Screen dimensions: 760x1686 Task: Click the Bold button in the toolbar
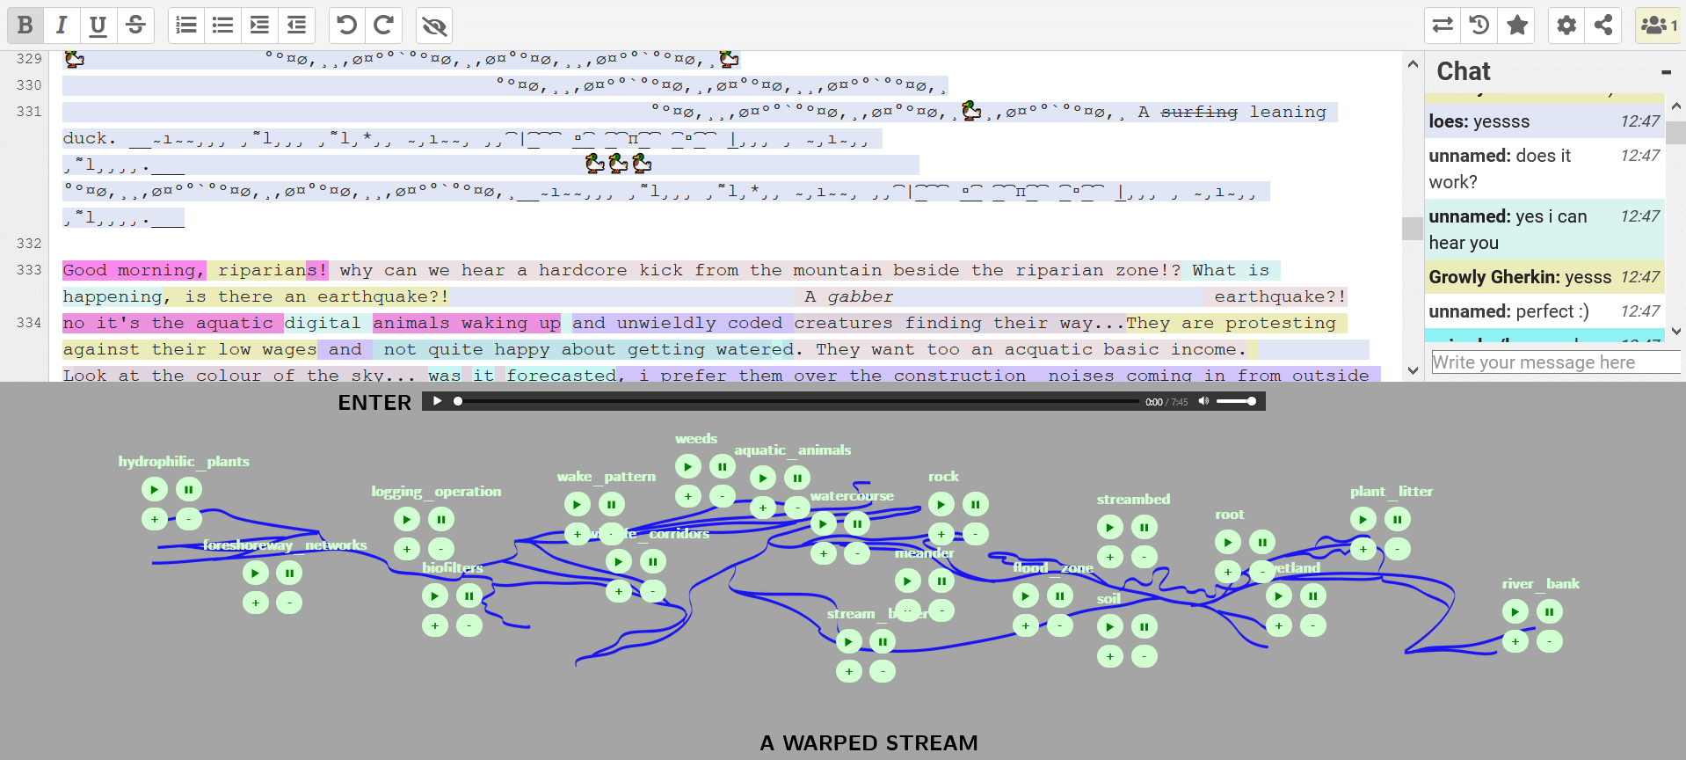pos(25,26)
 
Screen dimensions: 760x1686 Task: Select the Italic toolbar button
pos(62,26)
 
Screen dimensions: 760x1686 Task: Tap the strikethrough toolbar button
pos(135,26)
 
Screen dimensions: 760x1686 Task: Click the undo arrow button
pos(347,26)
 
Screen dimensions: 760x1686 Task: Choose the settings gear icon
pos(1566,26)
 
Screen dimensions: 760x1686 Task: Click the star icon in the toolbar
pos(1517,26)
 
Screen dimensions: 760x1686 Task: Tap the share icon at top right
pos(1603,26)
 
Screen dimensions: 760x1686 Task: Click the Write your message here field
pos(1554,362)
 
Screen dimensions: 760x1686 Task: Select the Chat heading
pos(1464,71)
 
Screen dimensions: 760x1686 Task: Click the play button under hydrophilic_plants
pos(155,489)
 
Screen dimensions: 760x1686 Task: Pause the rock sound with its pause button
pos(975,504)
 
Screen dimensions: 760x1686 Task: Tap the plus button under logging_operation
pos(407,549)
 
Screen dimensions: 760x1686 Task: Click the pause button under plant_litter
pos(1397,519)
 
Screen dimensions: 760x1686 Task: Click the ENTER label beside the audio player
pos(374,403)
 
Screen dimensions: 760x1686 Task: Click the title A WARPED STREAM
pos(868,743)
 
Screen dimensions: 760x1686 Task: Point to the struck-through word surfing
pos(1199,112)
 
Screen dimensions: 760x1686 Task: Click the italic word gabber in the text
pos(860,296)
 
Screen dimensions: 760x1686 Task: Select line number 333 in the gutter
pos(29,270)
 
